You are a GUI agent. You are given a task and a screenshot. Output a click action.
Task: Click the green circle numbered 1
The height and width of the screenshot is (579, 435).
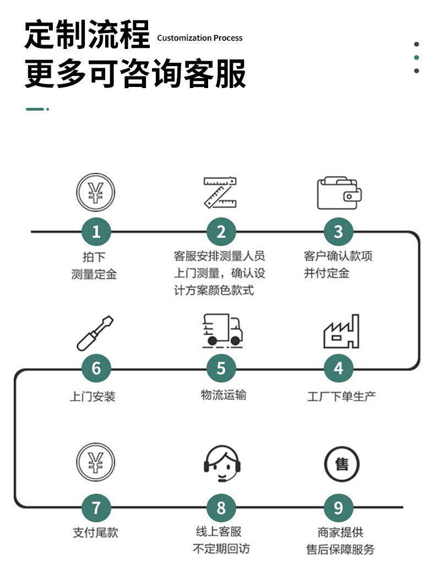pos(96,232)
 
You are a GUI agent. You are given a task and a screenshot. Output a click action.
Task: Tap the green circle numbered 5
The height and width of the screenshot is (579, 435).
pos(221,368)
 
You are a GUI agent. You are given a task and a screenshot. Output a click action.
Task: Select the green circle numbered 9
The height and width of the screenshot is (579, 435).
pos(339,507)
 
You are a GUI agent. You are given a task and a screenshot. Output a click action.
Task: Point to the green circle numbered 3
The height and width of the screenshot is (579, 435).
pos(339,232)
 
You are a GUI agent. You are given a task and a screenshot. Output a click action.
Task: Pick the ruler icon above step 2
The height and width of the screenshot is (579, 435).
pos(220,193)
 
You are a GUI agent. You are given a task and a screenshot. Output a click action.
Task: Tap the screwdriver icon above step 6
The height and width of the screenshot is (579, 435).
pos(96,332)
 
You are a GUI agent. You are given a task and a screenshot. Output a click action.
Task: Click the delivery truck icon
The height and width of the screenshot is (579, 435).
pos(221,330)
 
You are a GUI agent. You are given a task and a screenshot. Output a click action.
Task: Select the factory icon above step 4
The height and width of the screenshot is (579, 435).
pos(341,331)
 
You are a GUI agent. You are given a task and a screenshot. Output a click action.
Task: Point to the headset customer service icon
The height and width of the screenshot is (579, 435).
pos(222,465)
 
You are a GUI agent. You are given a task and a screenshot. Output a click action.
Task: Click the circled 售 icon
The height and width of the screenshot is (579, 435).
pos(341,464)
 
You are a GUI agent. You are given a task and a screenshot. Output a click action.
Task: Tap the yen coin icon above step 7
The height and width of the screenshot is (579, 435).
pos(96,465)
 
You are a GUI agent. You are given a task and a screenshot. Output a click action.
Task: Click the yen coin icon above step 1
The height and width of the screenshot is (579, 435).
pos(96,192)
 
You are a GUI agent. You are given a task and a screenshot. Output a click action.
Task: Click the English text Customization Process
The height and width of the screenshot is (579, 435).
pos(200,38)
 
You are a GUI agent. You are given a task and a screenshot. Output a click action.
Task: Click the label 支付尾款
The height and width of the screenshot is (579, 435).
pos(96,532)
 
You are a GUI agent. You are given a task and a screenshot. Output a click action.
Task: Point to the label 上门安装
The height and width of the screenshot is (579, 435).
pos(93,396)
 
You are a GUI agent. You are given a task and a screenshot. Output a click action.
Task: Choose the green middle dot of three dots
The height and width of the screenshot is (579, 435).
pos(417,58)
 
